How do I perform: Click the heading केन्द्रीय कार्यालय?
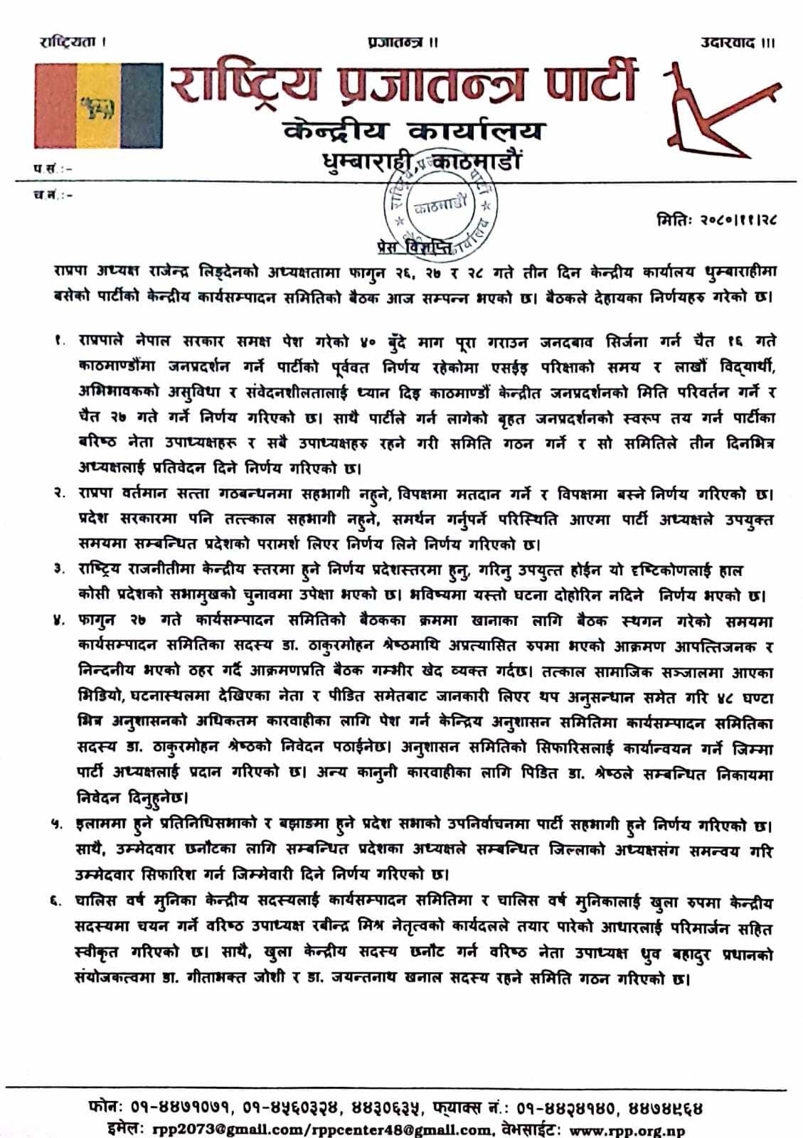click(x=415, y=132)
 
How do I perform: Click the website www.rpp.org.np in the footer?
click(x=627, y=1129)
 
